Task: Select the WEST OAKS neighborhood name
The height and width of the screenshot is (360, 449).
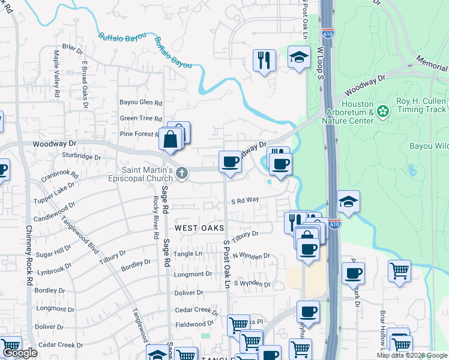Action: coord(199,228)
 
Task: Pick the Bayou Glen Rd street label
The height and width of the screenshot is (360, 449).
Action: coord(140,103)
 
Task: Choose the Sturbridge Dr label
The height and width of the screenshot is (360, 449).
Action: coord(82,156)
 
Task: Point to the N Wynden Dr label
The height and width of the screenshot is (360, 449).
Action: coord(252,256)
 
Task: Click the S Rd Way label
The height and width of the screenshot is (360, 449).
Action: coord(245,200)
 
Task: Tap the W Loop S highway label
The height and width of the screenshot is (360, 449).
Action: coord(321,64)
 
